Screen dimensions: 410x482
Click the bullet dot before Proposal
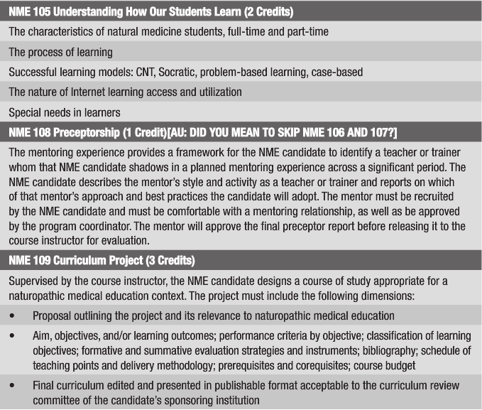tap(13, 315)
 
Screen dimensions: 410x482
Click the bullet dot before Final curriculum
tap(13, 386)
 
